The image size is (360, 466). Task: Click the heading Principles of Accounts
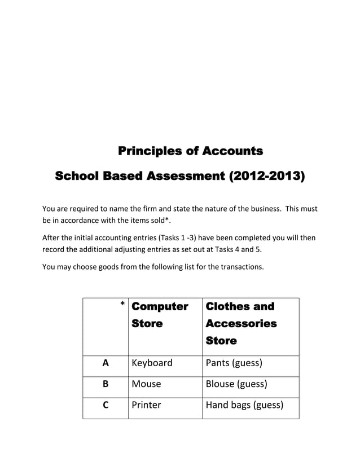[x=190, y=151]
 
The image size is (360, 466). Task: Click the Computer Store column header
[x=160, y=315]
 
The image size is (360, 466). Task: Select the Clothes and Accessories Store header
[x=242, y=323]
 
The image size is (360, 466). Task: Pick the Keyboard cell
[x=152, y=363]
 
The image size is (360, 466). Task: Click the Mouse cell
[x=146, y=384]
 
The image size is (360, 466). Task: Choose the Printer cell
[x=146, y=405]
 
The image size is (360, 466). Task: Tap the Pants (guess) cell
[x=234, y=363]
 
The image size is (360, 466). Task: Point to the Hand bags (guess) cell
[x=244, y=405]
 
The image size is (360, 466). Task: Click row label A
[x=106, y=363]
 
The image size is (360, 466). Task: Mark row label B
[x=106, y=384]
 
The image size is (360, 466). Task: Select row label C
[x=106, y=405]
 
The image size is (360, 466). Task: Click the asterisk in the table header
[x=122, y=306]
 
